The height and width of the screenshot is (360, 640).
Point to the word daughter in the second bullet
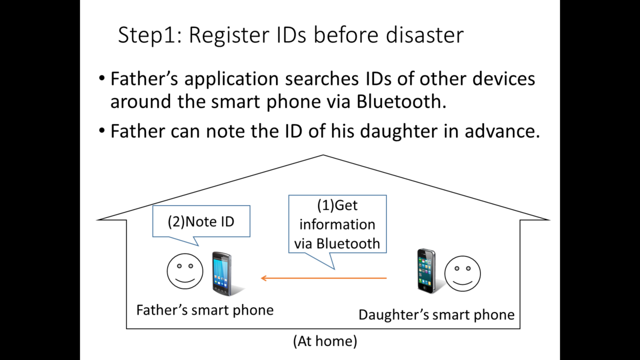click(373, 131)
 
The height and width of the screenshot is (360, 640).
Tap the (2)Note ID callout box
click(201, 221)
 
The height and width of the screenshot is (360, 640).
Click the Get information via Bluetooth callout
click(337, 224)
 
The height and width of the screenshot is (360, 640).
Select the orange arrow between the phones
click(323, 278)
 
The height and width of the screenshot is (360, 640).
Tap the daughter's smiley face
click(462, 273)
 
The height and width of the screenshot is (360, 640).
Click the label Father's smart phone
click(205, 310)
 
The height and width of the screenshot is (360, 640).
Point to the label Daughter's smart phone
click(436, 314)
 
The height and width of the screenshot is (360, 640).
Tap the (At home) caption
click(325, 341)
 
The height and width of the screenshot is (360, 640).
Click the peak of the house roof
click(323, 155)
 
